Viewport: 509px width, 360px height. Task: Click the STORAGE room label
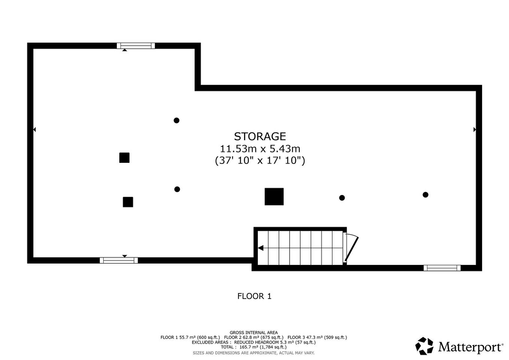tap(260, 136)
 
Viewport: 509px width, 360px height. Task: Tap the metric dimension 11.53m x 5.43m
tap(260, 149)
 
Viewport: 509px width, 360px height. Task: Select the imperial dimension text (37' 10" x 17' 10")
tap(260, 161)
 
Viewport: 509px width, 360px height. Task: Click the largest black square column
tap(274, 196)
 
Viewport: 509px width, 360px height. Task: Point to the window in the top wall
tap(135, 46)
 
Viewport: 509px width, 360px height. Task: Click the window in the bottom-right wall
tap(442, 268)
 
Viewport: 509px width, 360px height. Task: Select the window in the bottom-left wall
tap(119, 260)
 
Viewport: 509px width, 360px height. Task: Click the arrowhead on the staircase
tap(261, 248)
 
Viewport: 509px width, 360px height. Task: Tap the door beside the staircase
tap(351, 248)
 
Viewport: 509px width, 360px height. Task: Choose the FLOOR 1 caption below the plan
tap(254, 296)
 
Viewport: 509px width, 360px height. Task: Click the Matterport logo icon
tap(424, 346)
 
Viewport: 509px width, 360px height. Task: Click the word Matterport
tap(470, 347)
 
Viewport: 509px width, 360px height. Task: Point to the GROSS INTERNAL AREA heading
tap(253, 332)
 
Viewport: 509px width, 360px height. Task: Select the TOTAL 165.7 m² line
tap(253, 347)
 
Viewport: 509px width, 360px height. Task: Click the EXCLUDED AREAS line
tap(253, 342)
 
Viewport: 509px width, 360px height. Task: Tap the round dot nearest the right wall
tap(425, 195)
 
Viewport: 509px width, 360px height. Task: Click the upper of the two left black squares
tap(124, 158)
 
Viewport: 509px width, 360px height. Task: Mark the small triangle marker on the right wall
tap(475, 129)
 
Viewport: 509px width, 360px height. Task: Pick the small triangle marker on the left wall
tap(34, 129)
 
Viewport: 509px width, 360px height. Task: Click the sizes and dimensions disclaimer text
tap(253, 353)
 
